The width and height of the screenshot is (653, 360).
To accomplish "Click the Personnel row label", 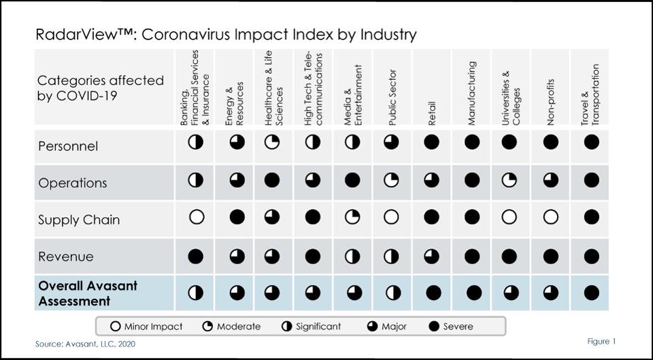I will point(68,146).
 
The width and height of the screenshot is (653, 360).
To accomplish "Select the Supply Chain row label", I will point(79,220).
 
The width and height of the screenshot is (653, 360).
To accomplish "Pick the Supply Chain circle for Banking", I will point(196,218).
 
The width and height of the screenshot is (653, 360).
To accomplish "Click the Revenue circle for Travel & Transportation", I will point(591,256).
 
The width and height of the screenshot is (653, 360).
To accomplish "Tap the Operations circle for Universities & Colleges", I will point(511,180).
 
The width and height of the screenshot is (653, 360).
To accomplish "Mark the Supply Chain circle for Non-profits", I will point(551,218).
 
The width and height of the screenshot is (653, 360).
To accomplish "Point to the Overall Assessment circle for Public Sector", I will point(393,293).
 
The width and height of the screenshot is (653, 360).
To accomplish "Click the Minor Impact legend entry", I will point(147,327).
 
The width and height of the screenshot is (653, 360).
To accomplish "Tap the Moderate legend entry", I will point(232,327).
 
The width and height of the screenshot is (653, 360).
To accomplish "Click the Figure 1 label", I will point(601,341).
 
